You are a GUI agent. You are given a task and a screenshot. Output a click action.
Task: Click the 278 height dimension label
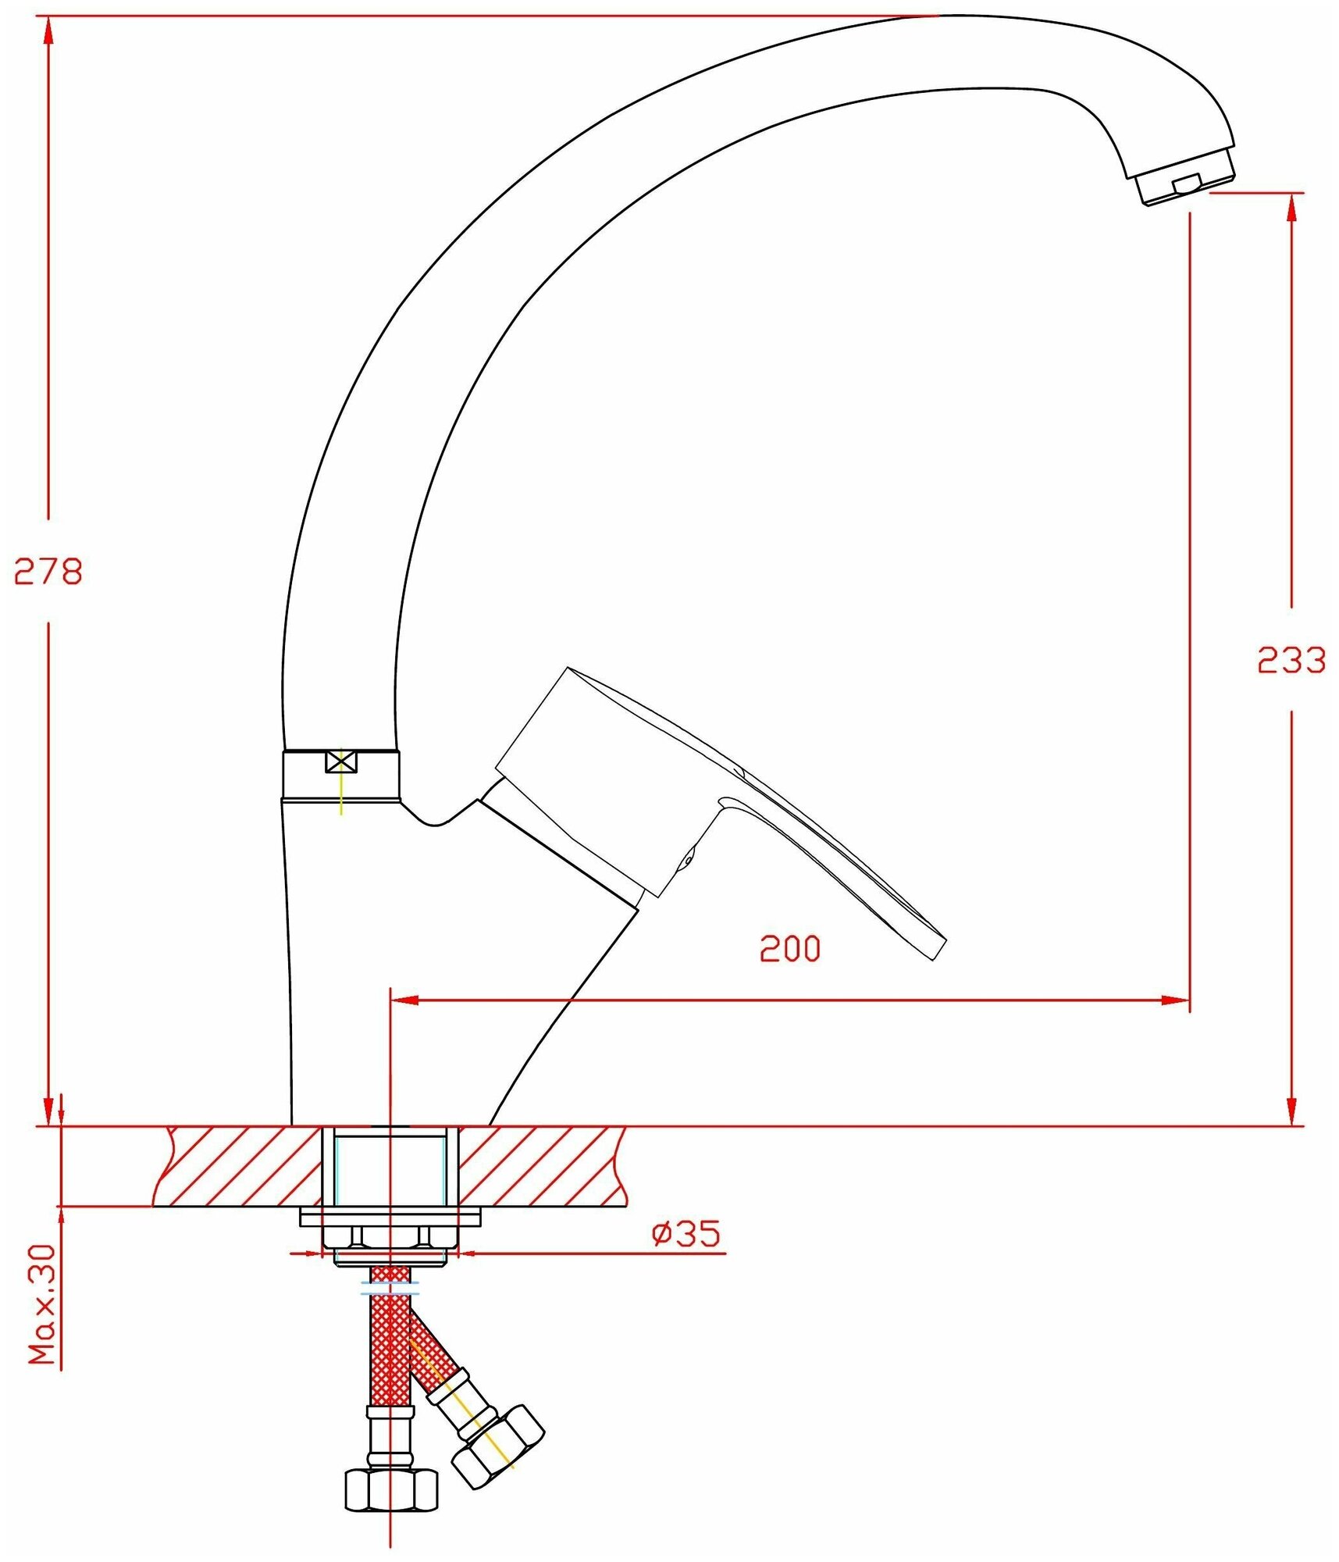tap(48, 572)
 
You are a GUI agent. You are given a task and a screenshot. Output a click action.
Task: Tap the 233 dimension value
tap(1291, 661)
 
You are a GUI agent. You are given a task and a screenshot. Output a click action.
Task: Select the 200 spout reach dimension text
tap(790, 948)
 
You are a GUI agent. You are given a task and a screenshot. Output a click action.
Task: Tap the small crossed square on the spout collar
tap(341, 761)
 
